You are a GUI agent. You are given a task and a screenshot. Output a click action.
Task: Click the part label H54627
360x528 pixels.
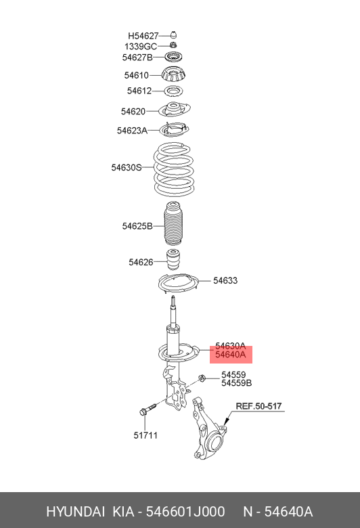click(143, 36)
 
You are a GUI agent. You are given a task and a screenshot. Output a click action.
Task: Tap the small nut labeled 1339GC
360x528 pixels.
click(173, 45)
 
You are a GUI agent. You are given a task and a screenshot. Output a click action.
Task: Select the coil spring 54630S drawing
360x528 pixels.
click(174, 170)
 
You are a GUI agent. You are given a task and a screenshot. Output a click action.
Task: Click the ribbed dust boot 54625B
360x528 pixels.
click(173, 225)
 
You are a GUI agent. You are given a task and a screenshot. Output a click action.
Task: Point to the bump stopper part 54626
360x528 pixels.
click(173, 260)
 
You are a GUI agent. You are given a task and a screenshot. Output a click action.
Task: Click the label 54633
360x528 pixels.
click(225, 280)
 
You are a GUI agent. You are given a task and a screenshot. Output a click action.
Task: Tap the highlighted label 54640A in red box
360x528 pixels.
click(231, 355)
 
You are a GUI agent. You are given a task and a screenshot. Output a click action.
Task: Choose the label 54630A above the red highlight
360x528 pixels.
click(230, 346)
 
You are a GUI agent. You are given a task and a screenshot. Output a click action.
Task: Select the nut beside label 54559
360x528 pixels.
click(202, 378)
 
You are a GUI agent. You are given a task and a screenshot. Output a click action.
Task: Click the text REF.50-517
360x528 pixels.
click(258, 406)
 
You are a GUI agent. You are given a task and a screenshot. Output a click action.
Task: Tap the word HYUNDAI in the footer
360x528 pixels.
click(75, 512)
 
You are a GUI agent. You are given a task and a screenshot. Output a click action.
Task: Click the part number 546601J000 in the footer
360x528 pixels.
click(185, 512)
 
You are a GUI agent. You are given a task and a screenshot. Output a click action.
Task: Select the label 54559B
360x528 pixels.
click(236, 383)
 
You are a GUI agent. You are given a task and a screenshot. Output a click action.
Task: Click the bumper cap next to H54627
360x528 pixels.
click(173, 35)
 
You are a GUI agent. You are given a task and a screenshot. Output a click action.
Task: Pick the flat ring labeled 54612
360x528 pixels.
click(173, 91)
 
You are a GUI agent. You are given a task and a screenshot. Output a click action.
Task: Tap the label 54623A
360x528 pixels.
click(132, 131)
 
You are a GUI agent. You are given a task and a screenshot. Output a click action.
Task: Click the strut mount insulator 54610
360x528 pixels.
click(173, 74)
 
